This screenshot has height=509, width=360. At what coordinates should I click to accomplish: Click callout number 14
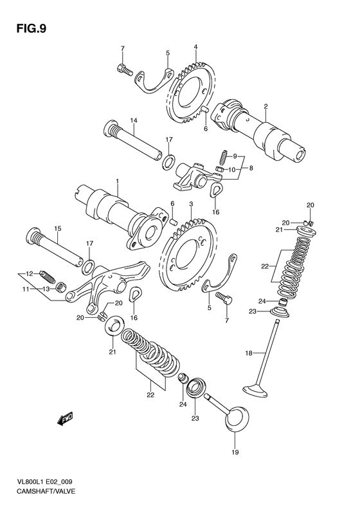tap(133, 120)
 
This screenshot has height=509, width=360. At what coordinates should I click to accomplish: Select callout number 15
tap(57, 228)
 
